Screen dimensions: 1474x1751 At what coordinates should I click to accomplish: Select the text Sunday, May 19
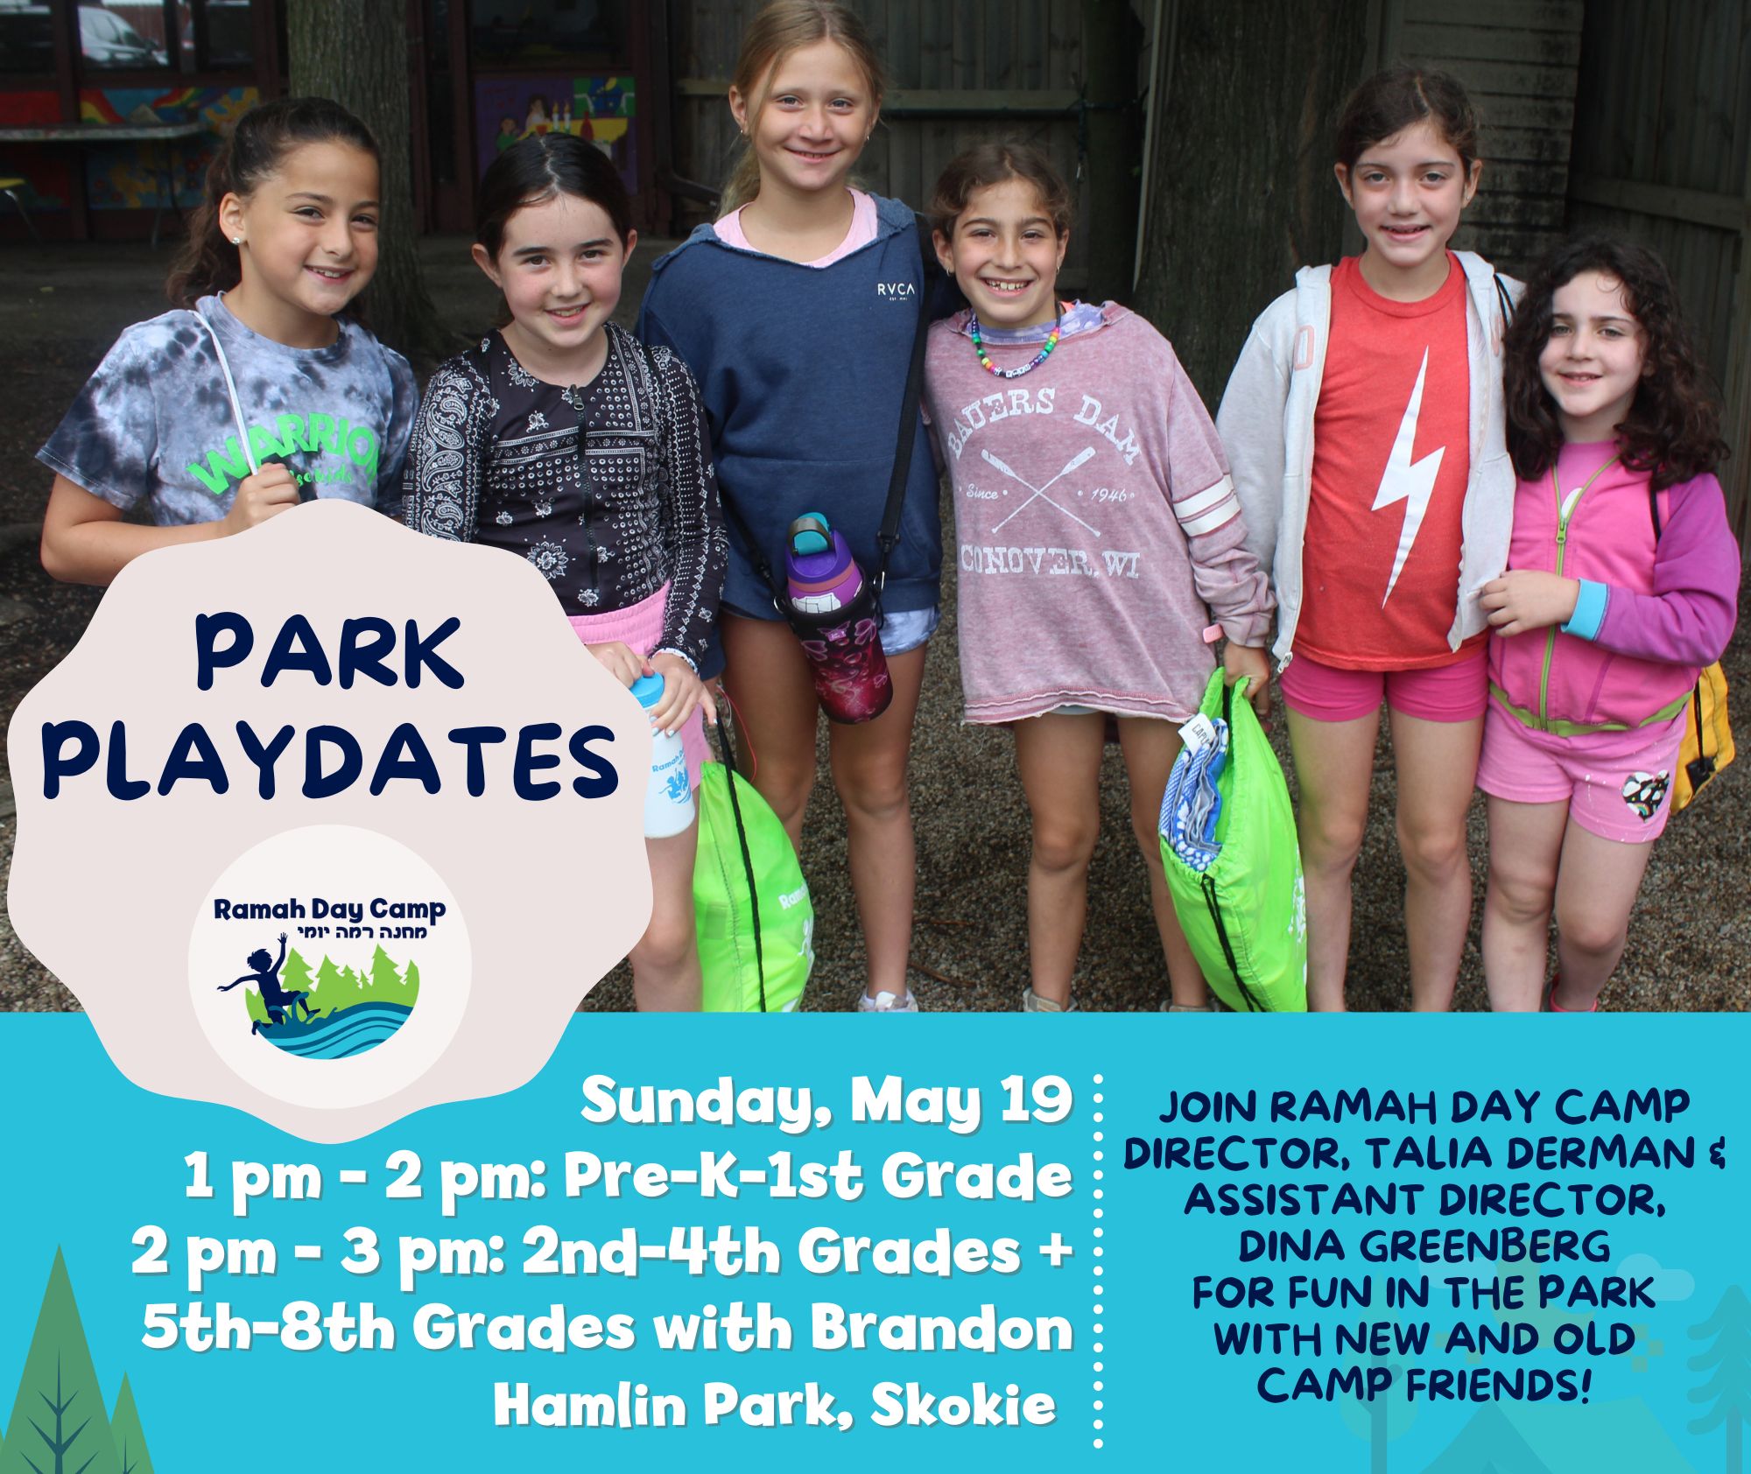[826, 1103]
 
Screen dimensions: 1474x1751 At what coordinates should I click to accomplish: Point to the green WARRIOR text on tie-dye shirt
[280, 460]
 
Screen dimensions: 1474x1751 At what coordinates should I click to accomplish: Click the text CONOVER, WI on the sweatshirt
[1050, 561]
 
